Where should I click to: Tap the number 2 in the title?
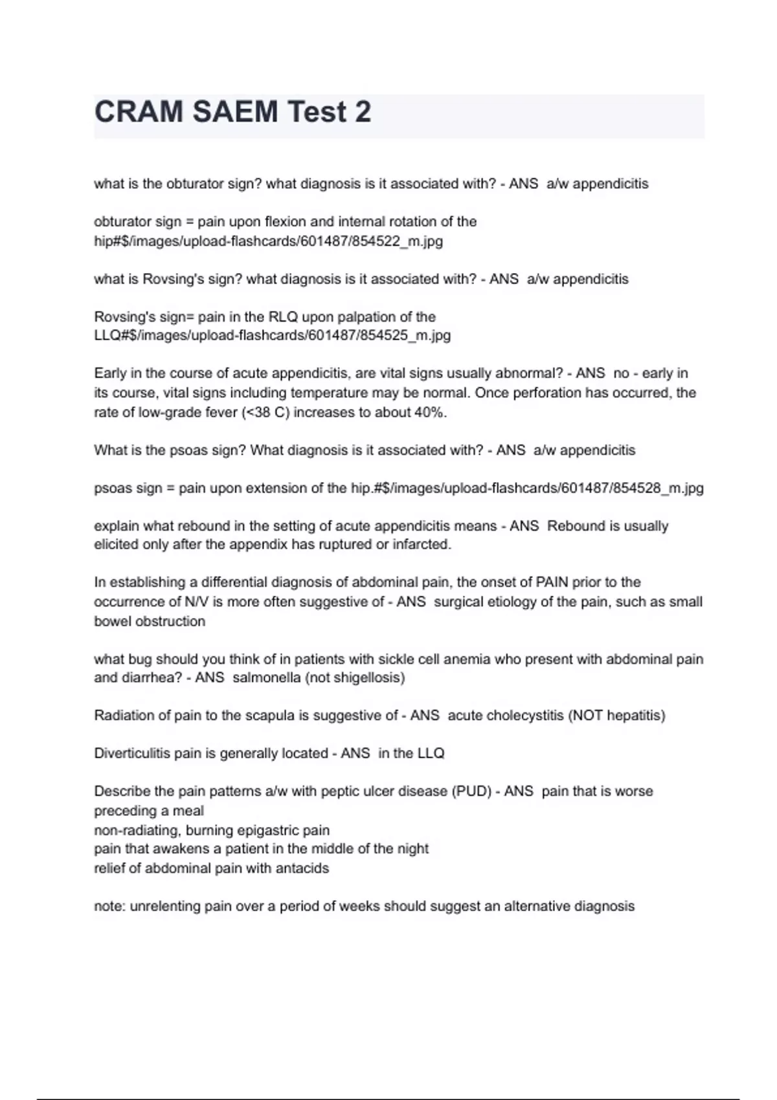363,112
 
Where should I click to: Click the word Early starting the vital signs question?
109,373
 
